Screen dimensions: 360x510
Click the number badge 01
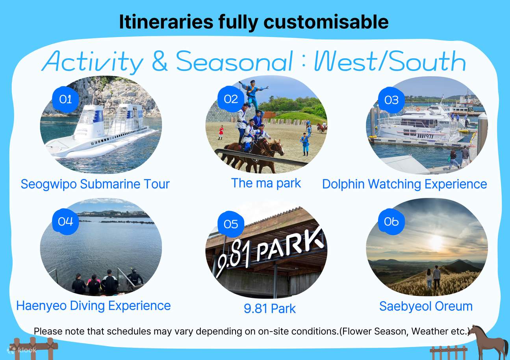click(66, 99)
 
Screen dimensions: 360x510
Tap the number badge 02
click(231, 99)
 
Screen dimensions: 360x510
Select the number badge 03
click(391, 100)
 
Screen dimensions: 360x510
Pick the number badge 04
click(66, 222)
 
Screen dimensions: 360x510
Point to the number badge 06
click(391, 222)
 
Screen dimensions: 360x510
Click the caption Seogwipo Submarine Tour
click(95, 184)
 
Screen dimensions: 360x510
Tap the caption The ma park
click(266, 183)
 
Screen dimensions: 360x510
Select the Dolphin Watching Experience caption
click(404, 184)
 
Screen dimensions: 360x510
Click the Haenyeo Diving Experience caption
click(93, 306)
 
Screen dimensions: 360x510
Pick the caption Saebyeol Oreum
click(426, 306)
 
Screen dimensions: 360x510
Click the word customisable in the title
click(326, 22)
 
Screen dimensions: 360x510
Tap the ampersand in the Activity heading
click(159, 62)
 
